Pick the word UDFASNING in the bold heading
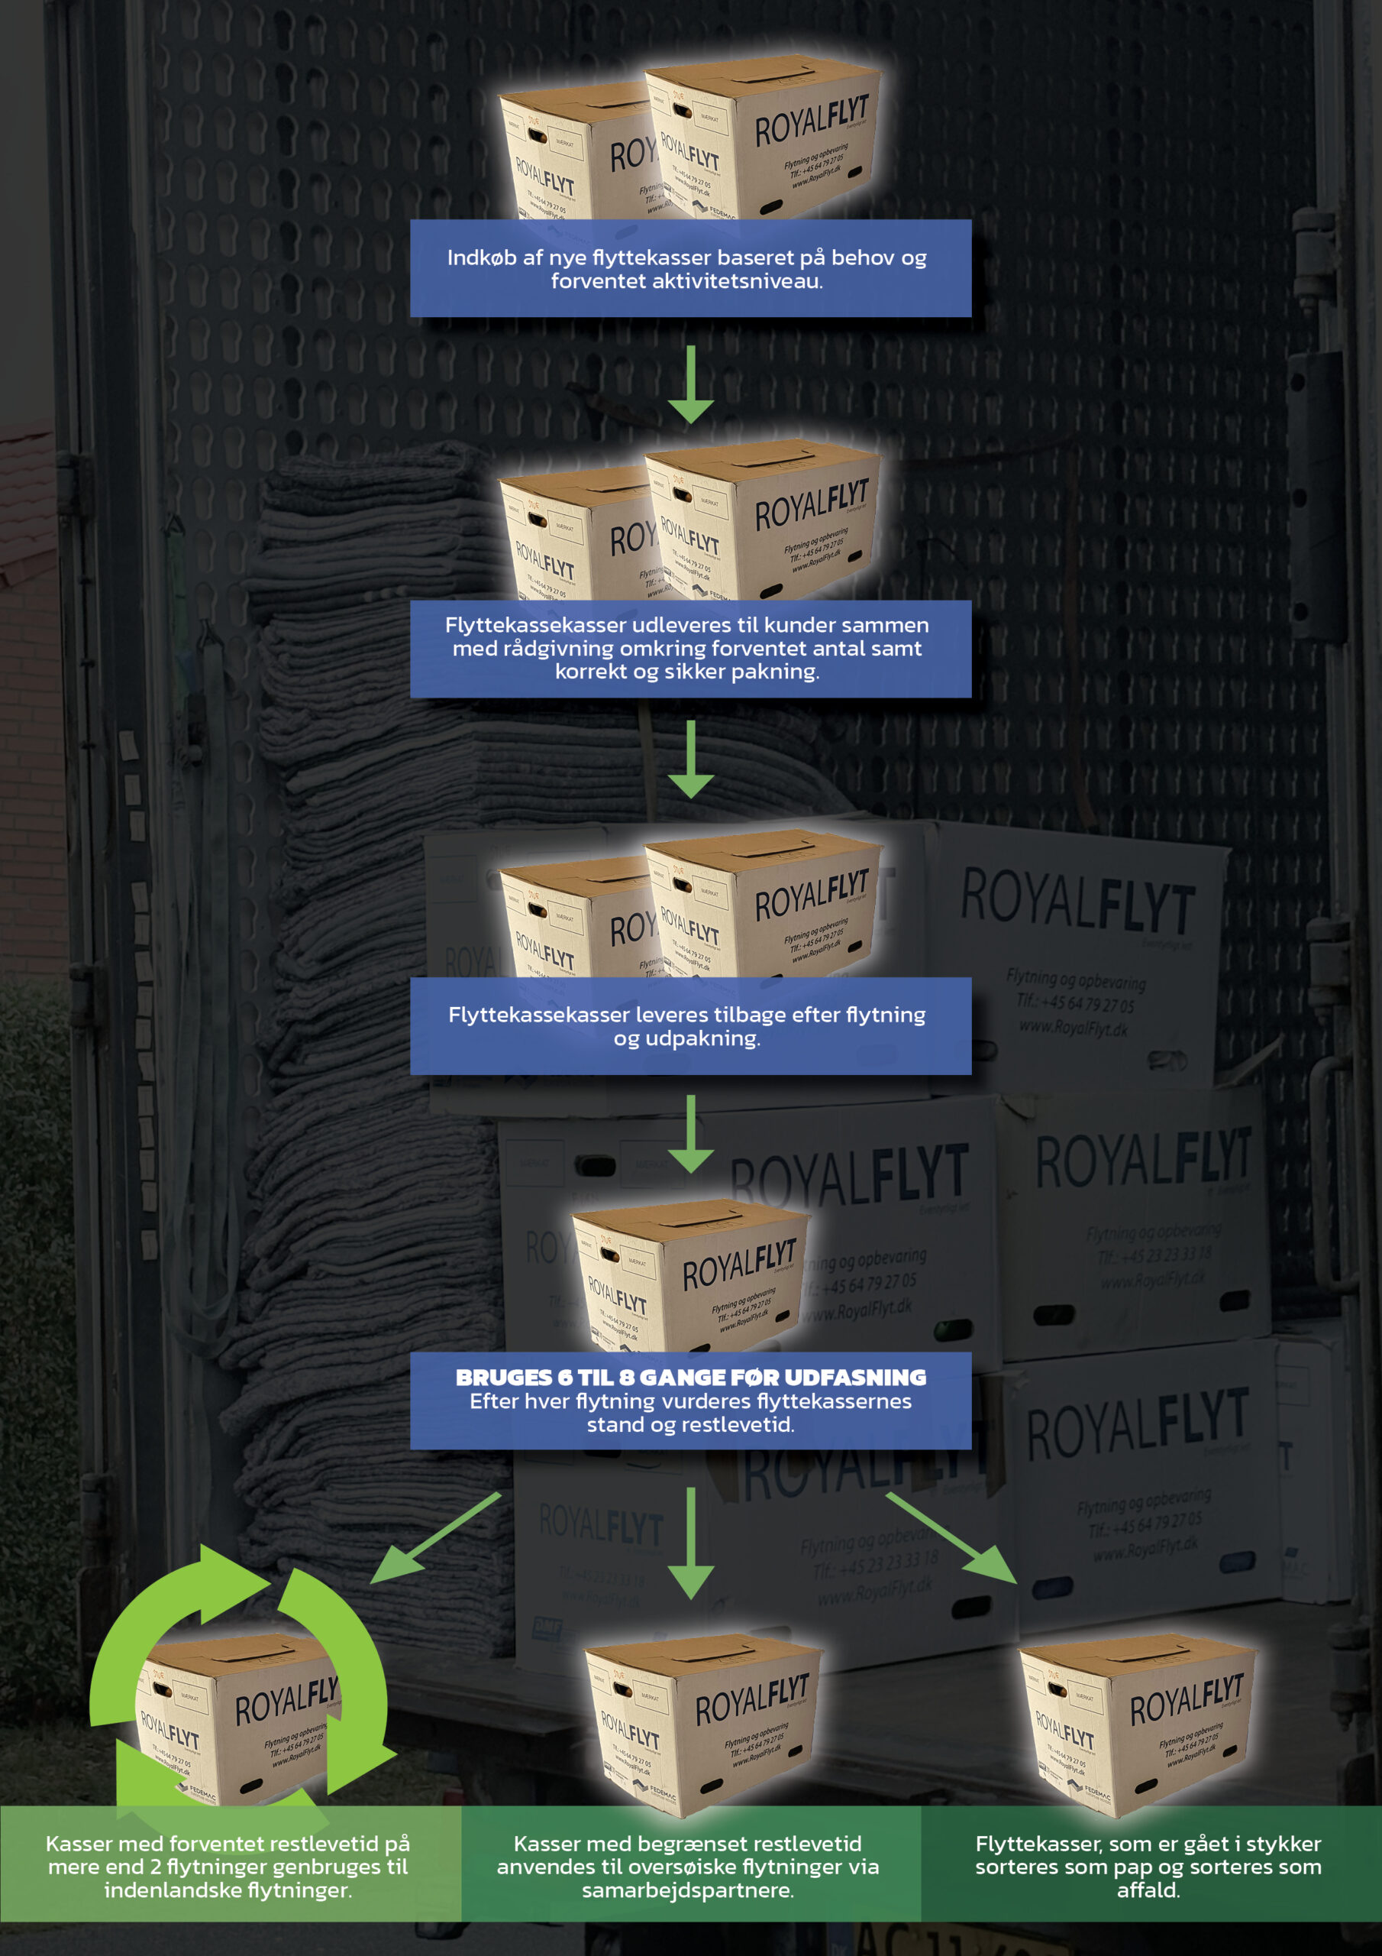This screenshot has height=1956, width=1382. tap(854, 1378)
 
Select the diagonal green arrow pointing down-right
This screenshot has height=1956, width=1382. tap(952, 1539)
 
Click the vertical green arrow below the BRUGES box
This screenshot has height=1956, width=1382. tap(690, 1543)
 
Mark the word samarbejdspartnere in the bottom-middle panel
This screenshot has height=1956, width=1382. tap(686, 1890)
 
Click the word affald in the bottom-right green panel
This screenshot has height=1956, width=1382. tap(1147, 1890)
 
